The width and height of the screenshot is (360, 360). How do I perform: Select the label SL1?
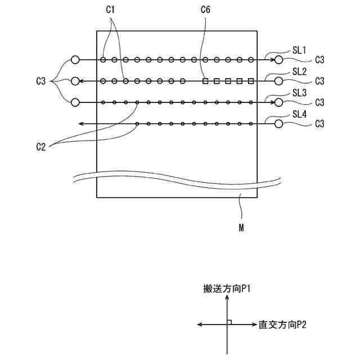[x=299, y=50]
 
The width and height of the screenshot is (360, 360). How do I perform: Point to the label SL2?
[x=299, y=71]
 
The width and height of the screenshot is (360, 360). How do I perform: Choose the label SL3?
[x=299, y=92]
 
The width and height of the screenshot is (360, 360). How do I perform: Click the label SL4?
[x=299, y=114]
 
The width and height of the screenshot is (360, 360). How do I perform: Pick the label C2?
[x=40, y=147]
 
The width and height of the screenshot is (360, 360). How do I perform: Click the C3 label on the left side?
[x=40, y=82]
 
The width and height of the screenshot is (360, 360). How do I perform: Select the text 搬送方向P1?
[x=227, y=290]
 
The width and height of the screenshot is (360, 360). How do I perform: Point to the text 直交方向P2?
[x=282, y=325]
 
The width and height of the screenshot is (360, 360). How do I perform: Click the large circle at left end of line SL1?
[x=75, y=60]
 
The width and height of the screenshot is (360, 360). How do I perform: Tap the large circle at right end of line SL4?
[x=278, y=123]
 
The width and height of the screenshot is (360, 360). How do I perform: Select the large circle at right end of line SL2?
[x=278, y=81]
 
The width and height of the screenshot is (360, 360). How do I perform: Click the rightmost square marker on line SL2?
[x=251, y=81]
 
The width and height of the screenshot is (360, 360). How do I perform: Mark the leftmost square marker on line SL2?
[x=205, y=81]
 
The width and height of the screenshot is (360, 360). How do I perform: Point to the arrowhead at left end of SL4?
[x=81, y=123]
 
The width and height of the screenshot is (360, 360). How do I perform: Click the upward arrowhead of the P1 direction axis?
[x=227, y=299]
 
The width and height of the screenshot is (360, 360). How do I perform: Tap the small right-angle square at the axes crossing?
[x=229, y=322]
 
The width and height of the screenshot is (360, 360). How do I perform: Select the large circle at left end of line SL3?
[x=75, y=102]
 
